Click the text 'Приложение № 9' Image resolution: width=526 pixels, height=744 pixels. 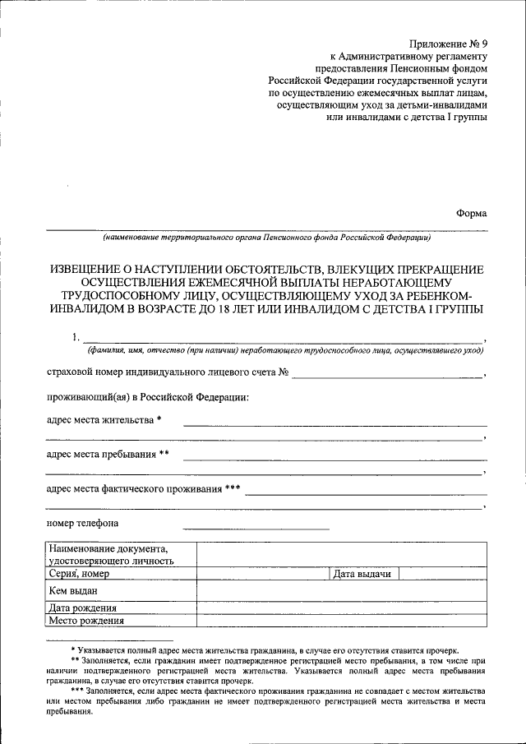[448, 44]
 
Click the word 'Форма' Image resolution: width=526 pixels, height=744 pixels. [471, 213]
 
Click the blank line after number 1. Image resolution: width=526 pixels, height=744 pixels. [284, 339]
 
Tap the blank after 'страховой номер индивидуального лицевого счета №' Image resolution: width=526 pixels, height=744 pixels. [387, 374]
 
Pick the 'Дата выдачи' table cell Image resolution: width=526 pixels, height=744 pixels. [362, 574]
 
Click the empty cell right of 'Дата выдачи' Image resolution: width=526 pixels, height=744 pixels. [442, 574]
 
